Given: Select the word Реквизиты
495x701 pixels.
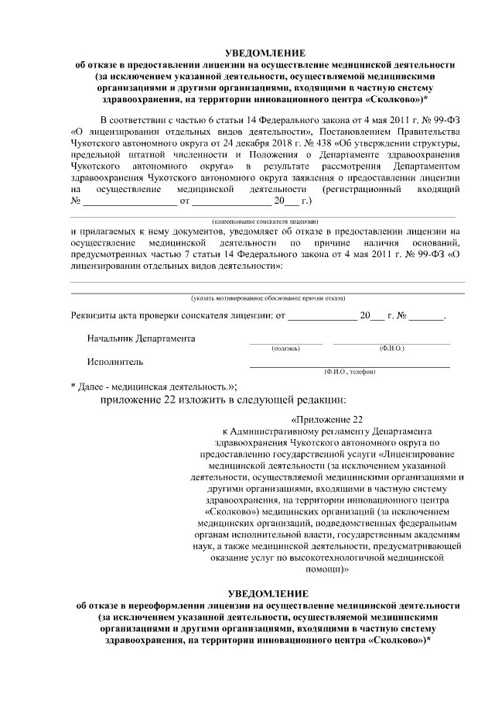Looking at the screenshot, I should click(94, 317).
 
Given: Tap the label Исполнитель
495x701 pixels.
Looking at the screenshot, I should click(114, 361).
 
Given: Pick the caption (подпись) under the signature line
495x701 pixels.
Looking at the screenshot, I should click(285, 349).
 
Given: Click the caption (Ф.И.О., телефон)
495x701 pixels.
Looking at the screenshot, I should click(350, 372).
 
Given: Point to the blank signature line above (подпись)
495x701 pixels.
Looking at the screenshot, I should click(285, 343).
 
